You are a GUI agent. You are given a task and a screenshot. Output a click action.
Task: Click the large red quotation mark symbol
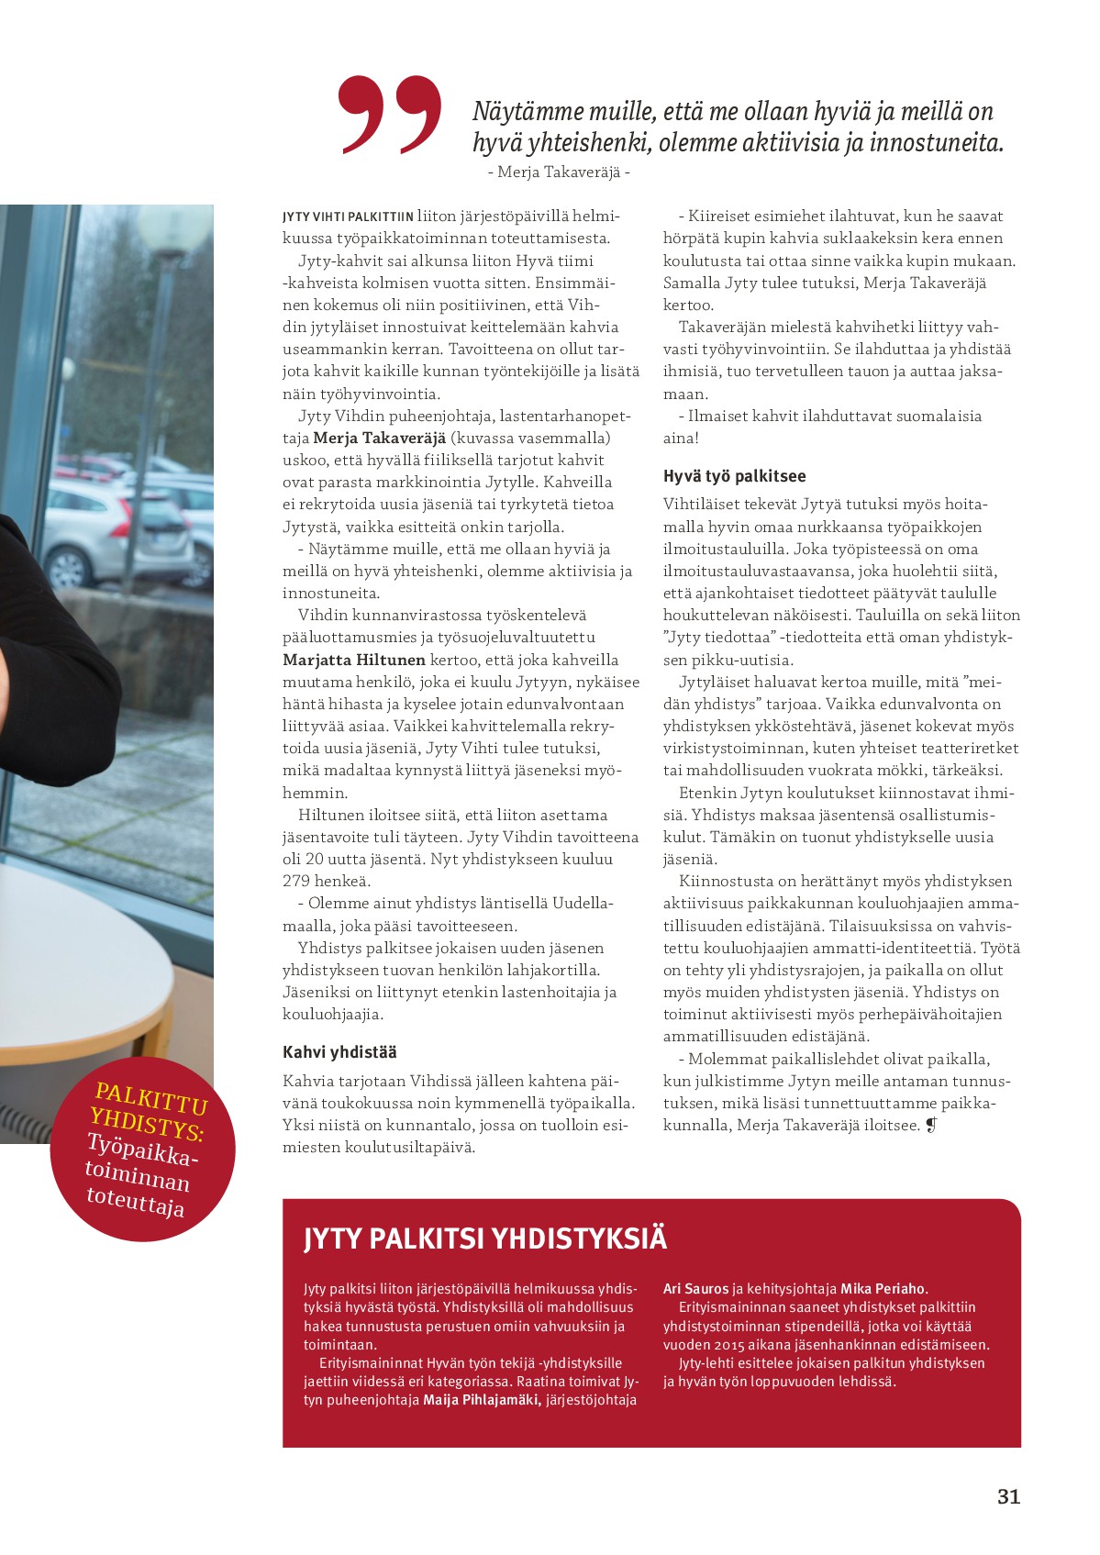click(390, 114)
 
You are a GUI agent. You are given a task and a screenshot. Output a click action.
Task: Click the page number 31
click(1008, 1497)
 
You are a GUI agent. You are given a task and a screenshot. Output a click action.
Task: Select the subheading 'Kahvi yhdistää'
click(339, 1052)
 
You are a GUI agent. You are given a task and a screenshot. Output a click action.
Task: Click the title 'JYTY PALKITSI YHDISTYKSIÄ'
click(485, 1238)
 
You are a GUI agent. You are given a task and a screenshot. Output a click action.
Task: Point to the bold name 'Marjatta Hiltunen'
click(354, 660)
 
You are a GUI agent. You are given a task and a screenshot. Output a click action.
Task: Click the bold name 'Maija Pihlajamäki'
click(481, 1400)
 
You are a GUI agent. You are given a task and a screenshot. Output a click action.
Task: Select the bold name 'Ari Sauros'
click(696, 1289)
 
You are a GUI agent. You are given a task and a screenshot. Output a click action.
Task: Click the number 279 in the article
click(297, 882)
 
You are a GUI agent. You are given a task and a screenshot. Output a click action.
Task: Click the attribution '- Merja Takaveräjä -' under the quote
click(558, 172)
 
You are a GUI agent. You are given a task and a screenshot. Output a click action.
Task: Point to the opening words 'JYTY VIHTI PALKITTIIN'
click(348, 217)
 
